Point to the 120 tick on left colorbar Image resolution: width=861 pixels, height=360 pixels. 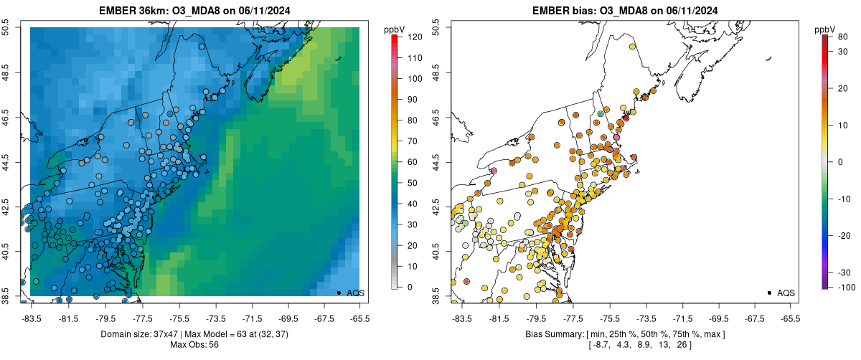click(414, 37)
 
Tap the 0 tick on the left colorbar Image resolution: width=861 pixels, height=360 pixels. click(409, 287)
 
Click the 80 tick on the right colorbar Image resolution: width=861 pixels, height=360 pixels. click(843, 37)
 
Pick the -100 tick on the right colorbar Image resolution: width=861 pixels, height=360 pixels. click(846, 287)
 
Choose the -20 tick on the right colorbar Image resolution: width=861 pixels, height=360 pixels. click(843, 235)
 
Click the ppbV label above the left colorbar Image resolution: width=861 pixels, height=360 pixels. click(395, 29)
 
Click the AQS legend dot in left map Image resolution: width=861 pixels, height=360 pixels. click(339, 293)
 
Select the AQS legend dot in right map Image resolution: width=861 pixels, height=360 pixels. click(769, 293)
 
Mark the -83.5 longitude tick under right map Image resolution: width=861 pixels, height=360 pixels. click(461, 318)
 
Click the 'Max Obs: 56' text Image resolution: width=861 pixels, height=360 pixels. click(194, 345)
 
